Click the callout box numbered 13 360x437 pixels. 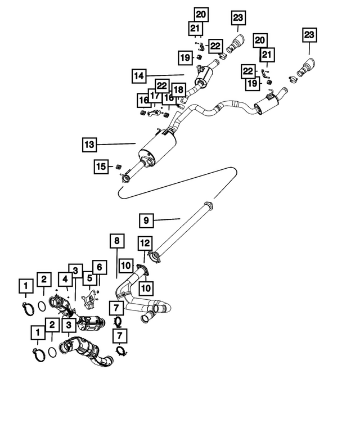pos(89,144)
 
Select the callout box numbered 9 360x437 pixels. pos(146,219)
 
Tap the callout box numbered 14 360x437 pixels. pos(139,75)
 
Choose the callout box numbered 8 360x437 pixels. pos(116,242)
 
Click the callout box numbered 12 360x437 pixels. pos(145,243)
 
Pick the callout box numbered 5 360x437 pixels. pos(89,278)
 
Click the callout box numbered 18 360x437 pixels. pos(178,90)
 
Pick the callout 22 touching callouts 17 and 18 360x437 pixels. pos(162,85)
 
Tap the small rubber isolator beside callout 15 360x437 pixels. pos(118,168)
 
